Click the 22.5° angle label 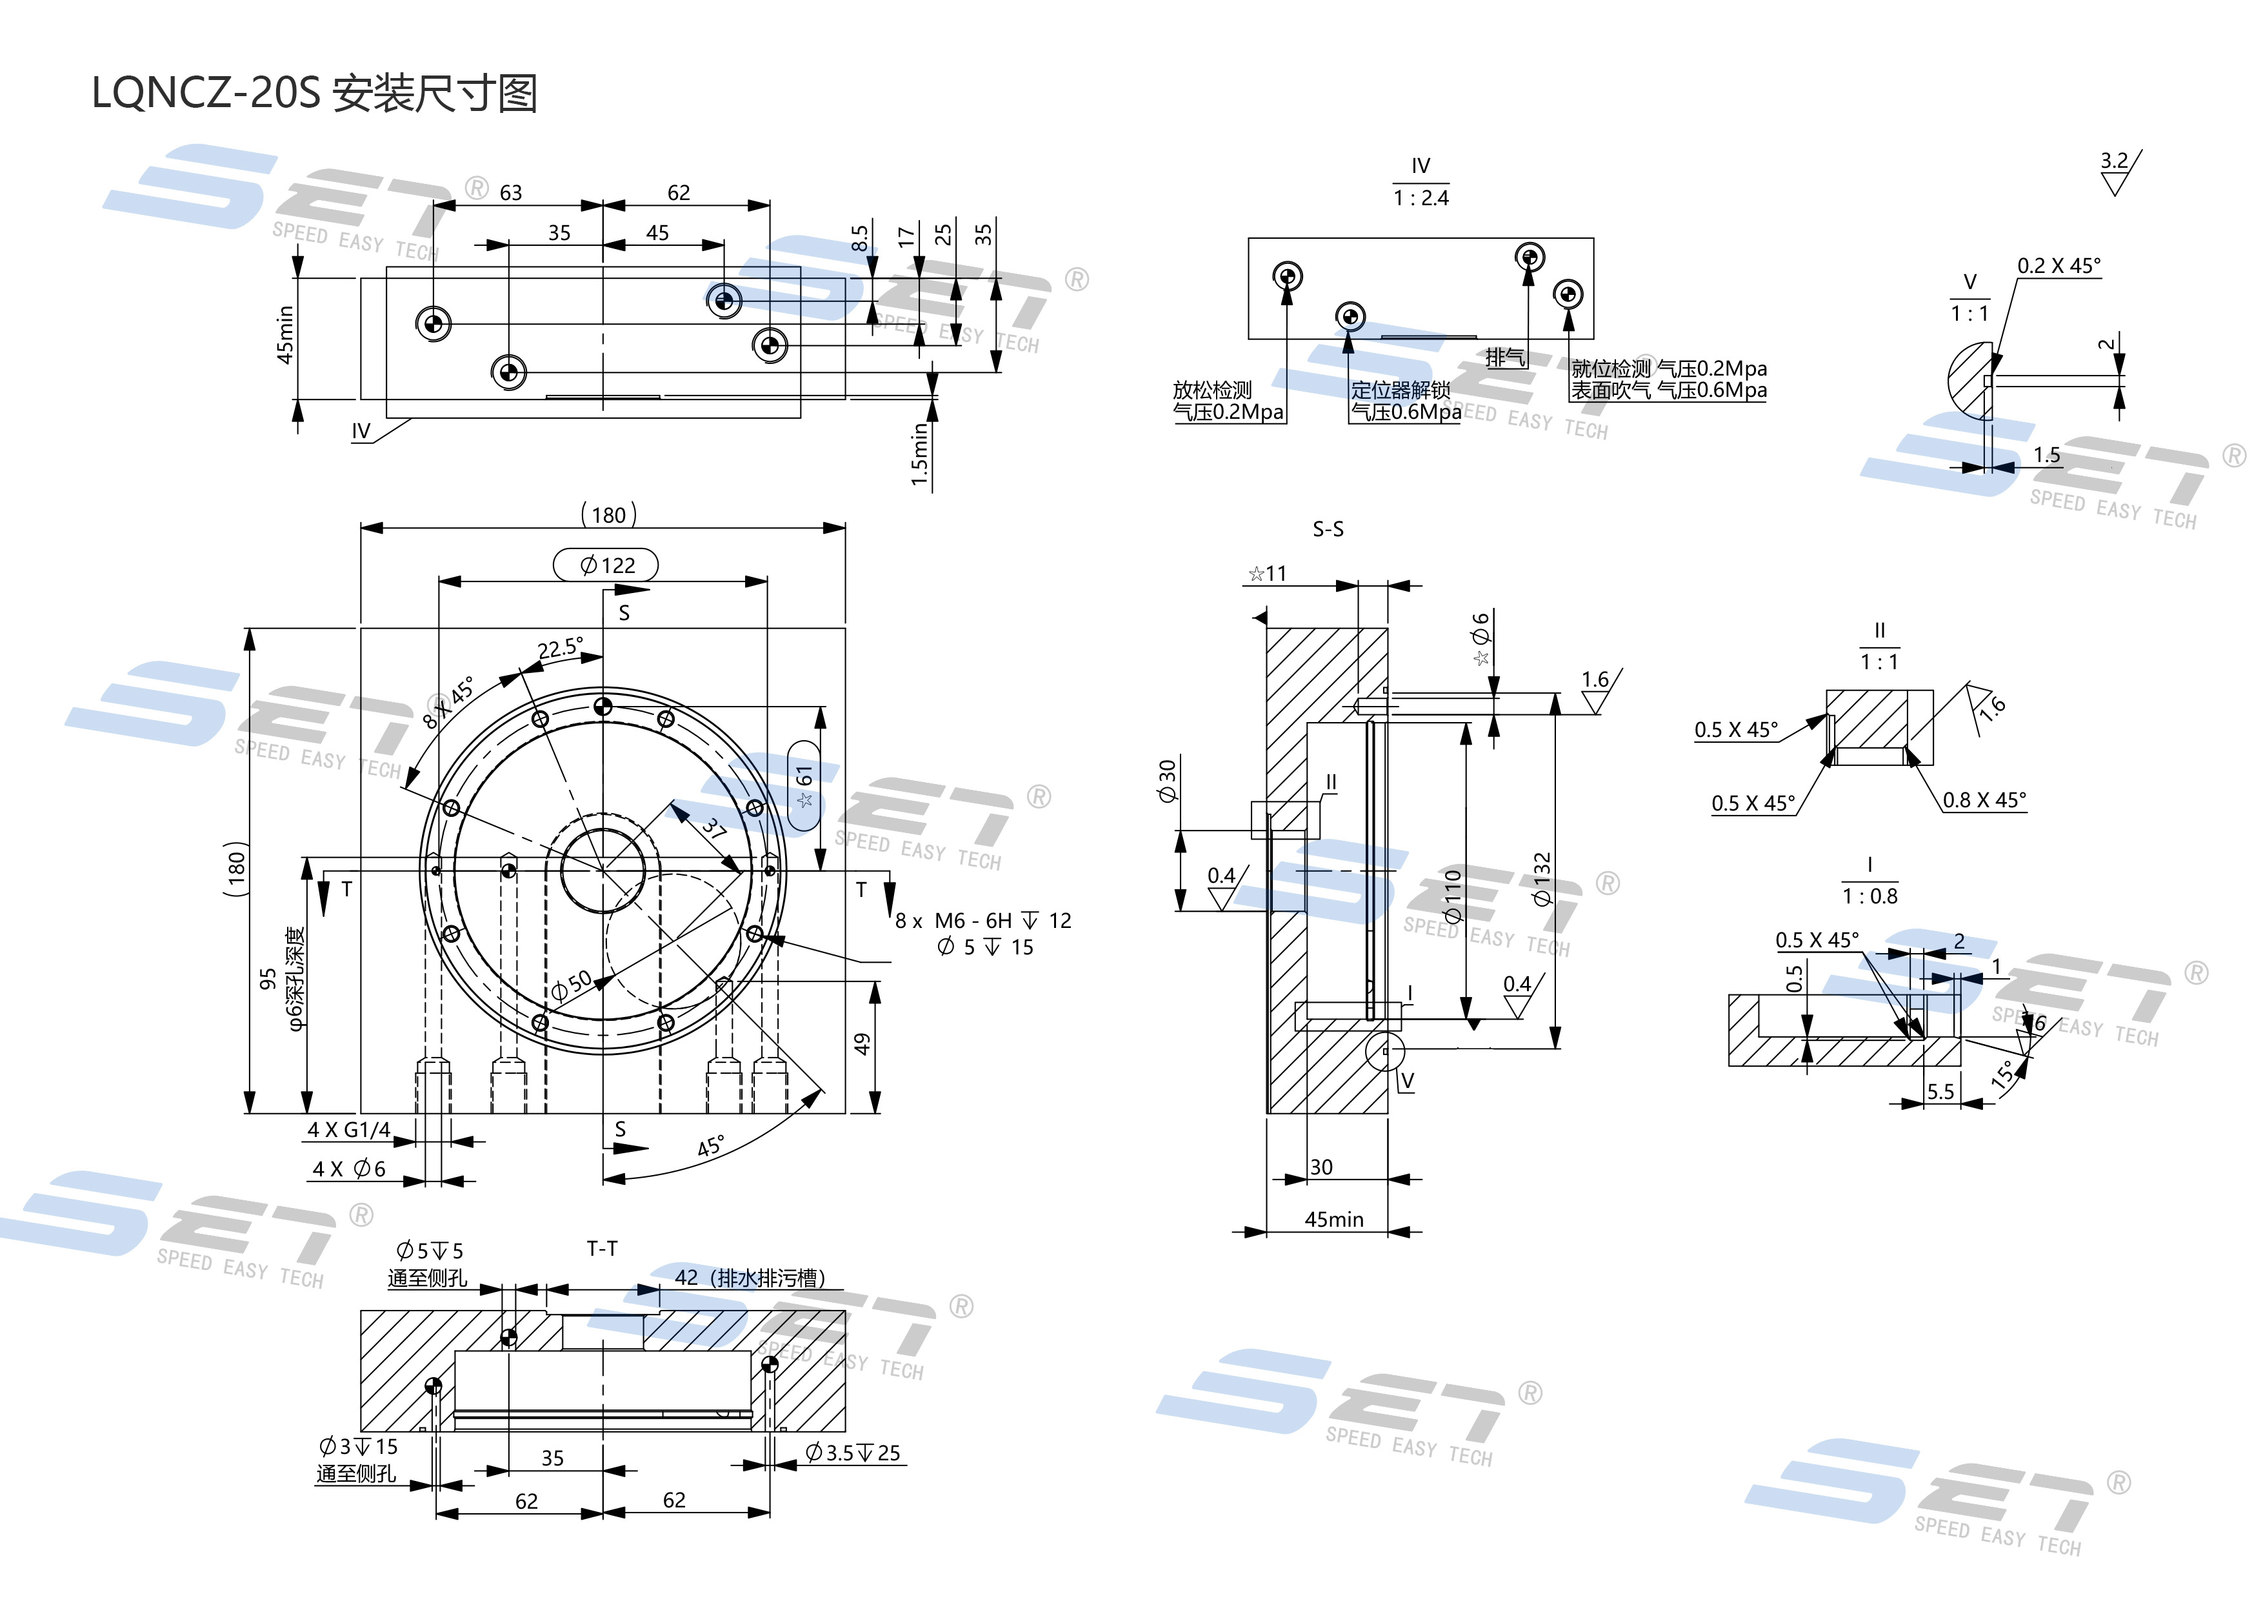click(x=560, y=648)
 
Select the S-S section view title click(x=1328, y=529)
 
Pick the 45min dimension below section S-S click(x=1333, y=1220)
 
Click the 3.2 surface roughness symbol click(x=2113, y=161)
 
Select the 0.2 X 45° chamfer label click(x=2058, y=266)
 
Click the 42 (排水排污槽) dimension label click(x=749, y=1278)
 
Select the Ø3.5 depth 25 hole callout click(x=853, y=1453)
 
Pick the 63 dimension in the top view click(x=510, y=193)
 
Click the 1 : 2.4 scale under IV click(x=1421, y=198)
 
